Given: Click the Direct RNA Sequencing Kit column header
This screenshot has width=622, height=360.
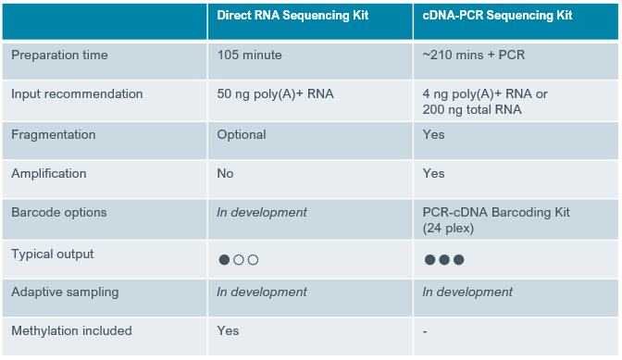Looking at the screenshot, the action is click(x=292, y=16).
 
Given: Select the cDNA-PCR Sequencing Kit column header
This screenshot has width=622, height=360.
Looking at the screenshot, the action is click(x=497, y=16).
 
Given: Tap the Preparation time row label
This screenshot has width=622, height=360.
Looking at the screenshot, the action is click(x=59, y=56).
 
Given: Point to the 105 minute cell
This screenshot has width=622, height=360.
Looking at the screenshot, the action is click(x=250, y=55).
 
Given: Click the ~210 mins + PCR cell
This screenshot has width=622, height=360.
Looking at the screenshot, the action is click(x=474, y=55).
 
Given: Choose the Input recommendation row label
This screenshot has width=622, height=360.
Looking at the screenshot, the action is click(x=77, y=94).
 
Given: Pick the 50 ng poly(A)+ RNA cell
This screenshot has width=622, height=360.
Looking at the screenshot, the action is click(x=275, y=94).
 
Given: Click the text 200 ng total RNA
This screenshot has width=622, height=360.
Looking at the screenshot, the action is click(x=472, y=109).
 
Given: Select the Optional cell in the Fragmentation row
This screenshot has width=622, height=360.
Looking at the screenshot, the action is click(x=242, y=135).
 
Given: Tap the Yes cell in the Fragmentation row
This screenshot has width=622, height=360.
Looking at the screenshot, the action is click(x=433, y=134).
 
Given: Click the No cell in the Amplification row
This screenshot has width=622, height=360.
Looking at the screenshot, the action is click(x=225, y=173).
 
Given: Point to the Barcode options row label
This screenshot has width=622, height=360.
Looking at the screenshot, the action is click(x=59, y=213).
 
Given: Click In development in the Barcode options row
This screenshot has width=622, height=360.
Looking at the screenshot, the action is click(x=262, y=213).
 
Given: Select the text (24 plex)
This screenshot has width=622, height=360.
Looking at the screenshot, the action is click(x=448, y=229).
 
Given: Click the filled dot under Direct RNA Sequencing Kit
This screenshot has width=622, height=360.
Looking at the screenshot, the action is click(x=224, y=260).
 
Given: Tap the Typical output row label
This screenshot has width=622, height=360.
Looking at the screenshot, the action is click(x=53, y=254).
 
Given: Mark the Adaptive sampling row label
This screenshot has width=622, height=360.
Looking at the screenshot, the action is click(x=65, y=292).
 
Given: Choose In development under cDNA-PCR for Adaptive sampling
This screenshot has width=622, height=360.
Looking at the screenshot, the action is click(x=467, y=292).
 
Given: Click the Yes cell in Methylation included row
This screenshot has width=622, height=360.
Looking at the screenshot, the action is click(x=228, y=330).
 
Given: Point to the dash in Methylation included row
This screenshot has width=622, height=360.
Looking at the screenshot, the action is click(x=425, y=331).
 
